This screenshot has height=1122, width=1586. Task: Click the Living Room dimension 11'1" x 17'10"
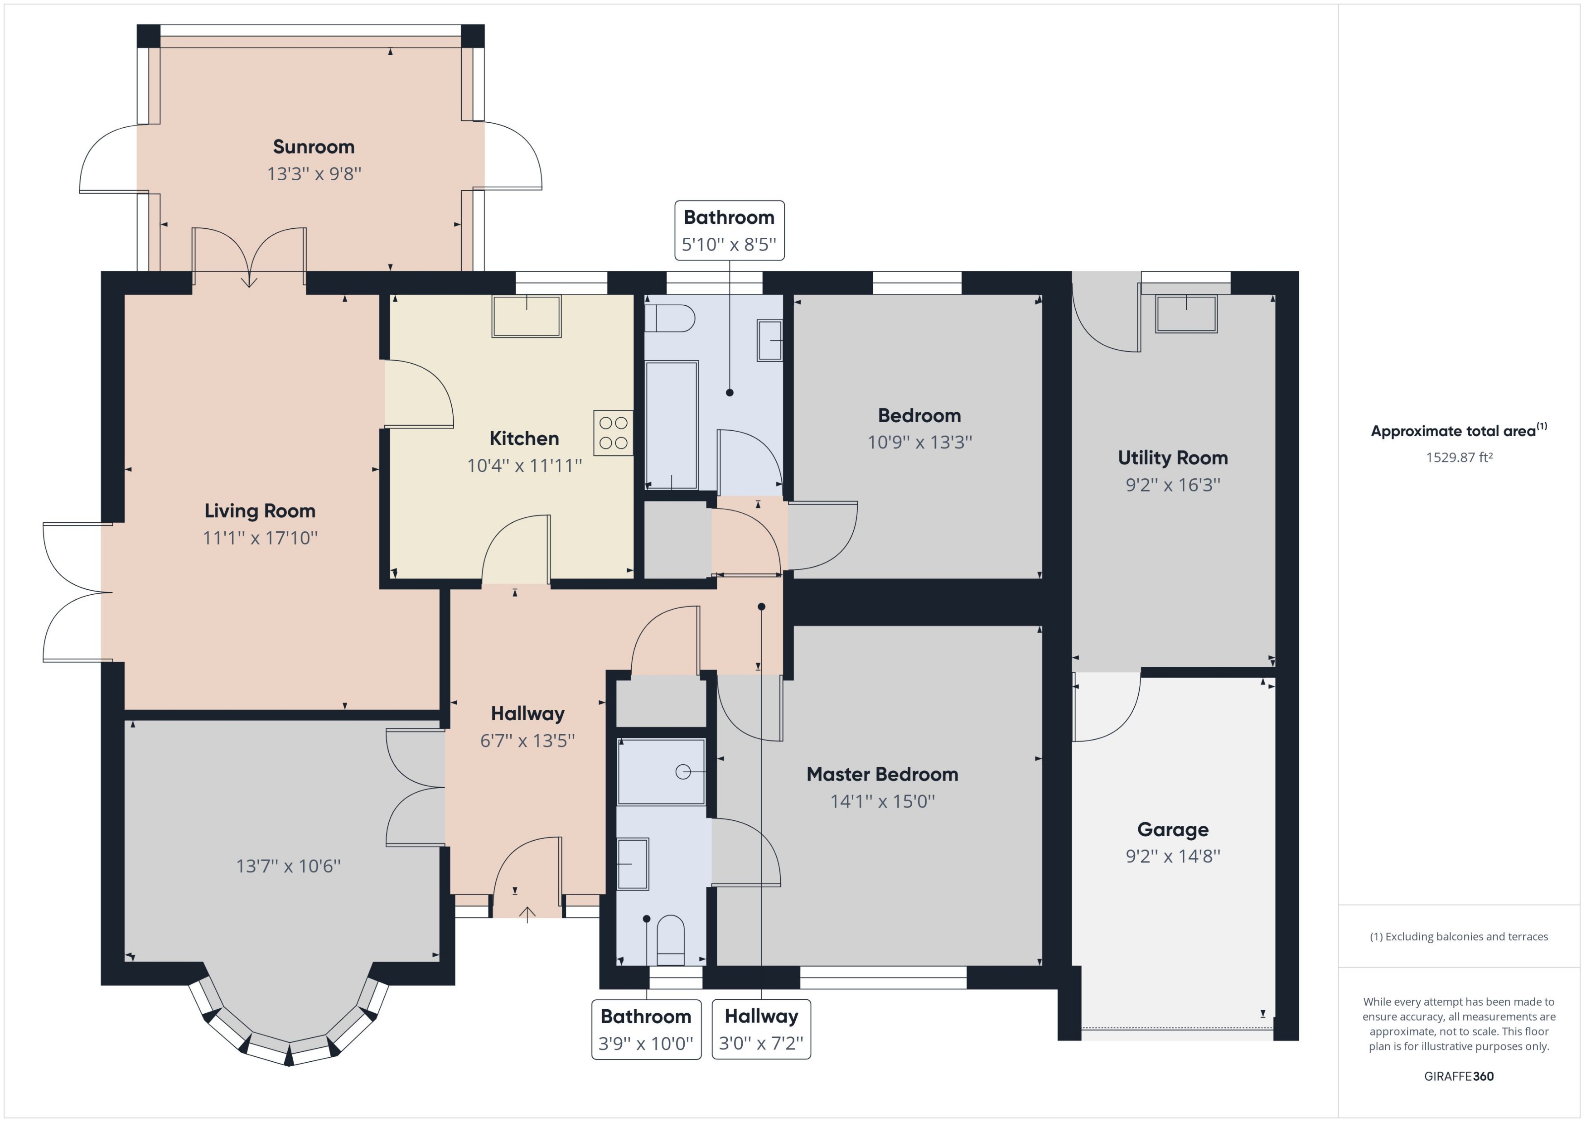click(260, 538)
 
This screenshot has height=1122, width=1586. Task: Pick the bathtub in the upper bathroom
click(671, 425)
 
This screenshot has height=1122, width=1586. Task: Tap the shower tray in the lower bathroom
click(661, 772)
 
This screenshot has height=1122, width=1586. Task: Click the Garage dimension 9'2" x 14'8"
click(1173, 856)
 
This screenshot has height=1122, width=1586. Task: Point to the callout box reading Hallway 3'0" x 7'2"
click(761, 1029)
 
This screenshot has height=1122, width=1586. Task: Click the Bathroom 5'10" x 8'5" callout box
click(729, 231)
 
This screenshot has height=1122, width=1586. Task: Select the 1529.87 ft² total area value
click(1459, 457)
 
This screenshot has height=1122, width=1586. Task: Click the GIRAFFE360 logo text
click(1458, 1076)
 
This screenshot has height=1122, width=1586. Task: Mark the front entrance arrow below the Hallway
click(527, 914)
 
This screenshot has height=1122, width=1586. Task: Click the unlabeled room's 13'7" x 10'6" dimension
click(288, 866)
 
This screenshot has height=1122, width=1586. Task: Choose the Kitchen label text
click(524, 438)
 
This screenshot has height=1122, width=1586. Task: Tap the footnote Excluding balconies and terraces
click(1458, 936)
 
